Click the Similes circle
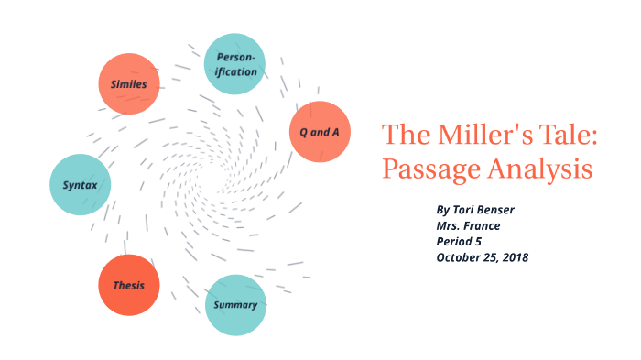pos(129,83)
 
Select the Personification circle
pos(235,63)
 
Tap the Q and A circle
pos(320,132)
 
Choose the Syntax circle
pos(81,185)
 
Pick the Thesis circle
pos(129,285)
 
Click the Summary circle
pos(235,304)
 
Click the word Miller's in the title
pos(481,135)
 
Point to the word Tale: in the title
pos(565,135)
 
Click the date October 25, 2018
pos(483,257)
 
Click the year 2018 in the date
pos(515,257)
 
